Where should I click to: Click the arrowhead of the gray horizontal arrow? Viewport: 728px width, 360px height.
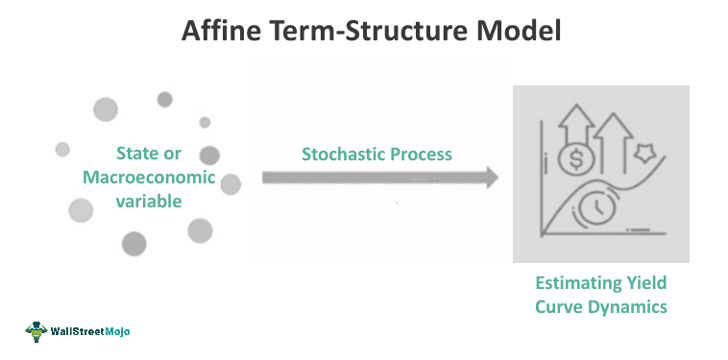(490, 178)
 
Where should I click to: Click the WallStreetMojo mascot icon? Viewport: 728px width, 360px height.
(37, 331)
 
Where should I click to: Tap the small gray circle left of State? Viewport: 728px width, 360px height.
(62, 150)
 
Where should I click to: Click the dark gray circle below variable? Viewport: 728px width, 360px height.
(134, 244)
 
